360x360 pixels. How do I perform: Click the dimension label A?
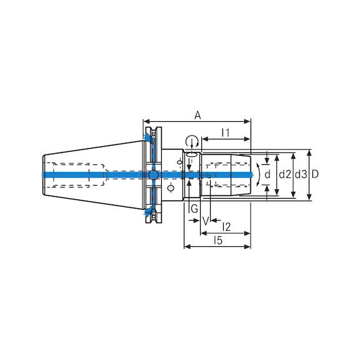[197, 114]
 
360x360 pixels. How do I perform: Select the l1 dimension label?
[226, 132]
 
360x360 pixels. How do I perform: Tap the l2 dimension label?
[226, 226]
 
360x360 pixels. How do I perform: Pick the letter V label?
[205, 221]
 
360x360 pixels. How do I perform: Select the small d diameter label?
[267, 174]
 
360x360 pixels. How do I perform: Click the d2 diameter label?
[285, 174]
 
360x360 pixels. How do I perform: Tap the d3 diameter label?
[301, 174]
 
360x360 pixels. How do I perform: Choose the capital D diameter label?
[315, 174]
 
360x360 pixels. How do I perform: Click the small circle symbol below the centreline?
[171, 187]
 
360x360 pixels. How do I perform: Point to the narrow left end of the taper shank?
[44, 175]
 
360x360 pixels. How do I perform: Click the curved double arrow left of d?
[257, 174]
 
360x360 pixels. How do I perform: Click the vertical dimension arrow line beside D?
[309, 187]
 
